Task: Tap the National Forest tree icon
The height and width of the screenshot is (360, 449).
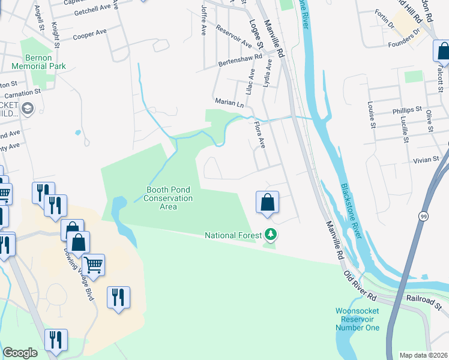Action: (271, 235)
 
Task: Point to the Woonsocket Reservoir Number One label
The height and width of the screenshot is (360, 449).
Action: (357, 319)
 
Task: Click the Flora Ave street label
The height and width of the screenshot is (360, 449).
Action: (260, 135)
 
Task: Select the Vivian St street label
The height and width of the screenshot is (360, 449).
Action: (427, 160)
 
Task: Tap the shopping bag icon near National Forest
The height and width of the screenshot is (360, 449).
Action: (267, 202)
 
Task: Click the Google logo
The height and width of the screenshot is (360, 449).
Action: (20, 352)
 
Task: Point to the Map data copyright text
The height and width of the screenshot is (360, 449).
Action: (423, 355)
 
